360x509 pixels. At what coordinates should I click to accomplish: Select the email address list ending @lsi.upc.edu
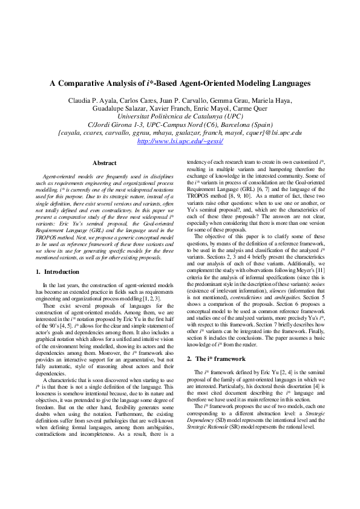coord(180,132)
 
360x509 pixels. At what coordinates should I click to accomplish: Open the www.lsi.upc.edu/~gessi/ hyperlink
coord(180,141)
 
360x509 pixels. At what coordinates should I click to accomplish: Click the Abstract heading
coord(104,163)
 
